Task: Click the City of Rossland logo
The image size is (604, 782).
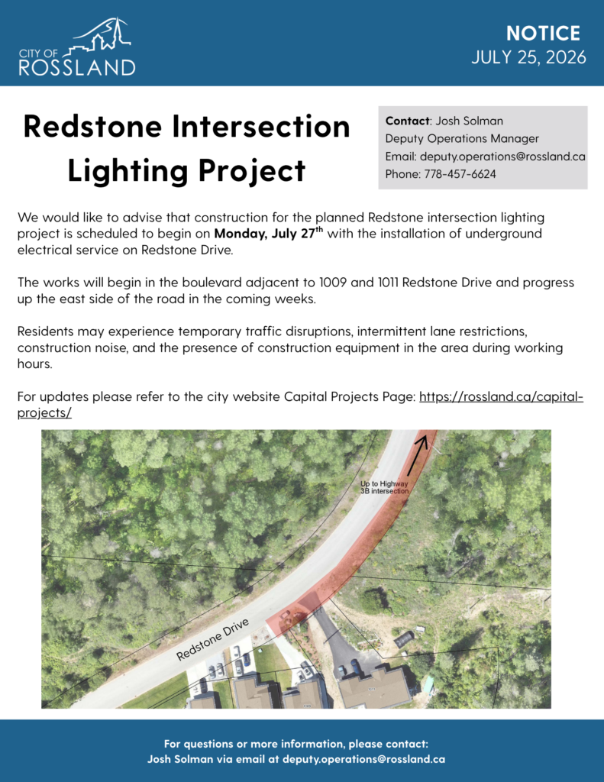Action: pos(77,47)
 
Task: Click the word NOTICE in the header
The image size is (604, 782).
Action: pos(543,34)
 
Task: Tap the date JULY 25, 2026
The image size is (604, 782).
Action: pos(528,57)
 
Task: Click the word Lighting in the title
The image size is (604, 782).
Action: pos(128,171)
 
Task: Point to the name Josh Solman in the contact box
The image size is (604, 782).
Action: pos(470,121)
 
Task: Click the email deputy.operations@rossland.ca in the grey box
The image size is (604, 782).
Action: pos(502,156)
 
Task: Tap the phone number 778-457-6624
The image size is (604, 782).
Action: pos(460,174)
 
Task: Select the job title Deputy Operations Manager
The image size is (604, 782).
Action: pos(462,139)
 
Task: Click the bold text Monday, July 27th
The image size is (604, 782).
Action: pos(268,233)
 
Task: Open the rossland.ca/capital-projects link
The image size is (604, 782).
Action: pos(300,405)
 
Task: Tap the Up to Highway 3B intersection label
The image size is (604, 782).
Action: pos(384,487)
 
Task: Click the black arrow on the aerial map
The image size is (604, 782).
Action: pos(418,456)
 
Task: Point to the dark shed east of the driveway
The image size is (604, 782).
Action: pos(405,639)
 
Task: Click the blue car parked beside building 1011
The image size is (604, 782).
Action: pos(354,666)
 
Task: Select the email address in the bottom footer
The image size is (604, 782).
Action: pos(363,759)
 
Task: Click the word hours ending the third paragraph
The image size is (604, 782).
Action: pos(34,364)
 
